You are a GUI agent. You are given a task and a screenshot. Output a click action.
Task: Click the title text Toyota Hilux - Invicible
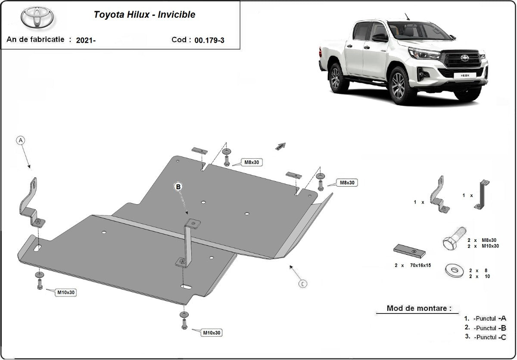pos(144,15)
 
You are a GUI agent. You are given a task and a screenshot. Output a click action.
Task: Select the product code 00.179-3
pos(209,40)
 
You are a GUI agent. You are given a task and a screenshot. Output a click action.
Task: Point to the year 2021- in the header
pos(86,40)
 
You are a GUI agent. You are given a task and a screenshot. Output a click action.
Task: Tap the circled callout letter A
pos(21,140)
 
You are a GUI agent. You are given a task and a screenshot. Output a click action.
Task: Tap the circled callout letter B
pos(178,187)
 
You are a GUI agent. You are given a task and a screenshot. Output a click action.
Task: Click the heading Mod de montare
pos(419,308)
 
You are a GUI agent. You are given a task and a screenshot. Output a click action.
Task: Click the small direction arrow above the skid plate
pos(280,147)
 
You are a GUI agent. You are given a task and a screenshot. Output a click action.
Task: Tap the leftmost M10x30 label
pos(66,292)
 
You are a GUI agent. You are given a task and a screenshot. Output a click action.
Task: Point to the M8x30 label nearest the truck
pos(347,183)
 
